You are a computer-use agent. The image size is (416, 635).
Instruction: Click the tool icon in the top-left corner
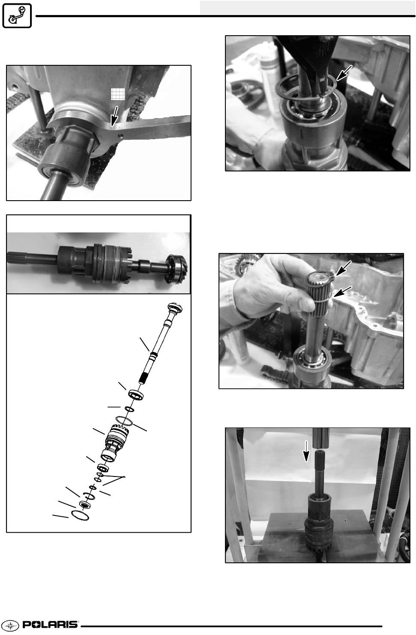point(17,15)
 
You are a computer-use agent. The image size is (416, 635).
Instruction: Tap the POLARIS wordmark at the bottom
point(50,625)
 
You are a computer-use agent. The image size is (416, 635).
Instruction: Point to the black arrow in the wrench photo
point(114,116)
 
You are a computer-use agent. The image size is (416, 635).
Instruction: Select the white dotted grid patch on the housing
point(118,94)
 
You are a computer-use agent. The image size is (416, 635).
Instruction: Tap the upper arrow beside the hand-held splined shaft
point(343,268)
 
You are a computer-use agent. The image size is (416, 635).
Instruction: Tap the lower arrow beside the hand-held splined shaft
point(343,292)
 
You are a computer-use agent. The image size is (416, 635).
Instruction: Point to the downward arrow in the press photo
point(306,451)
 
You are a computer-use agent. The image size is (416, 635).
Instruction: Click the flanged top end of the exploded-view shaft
point(175,308)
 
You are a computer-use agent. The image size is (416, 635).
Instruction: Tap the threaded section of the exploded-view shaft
point(143,378)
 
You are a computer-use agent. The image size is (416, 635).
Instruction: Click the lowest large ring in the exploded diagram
point(80,516)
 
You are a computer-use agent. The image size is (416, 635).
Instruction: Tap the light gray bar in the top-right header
point(307,7)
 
